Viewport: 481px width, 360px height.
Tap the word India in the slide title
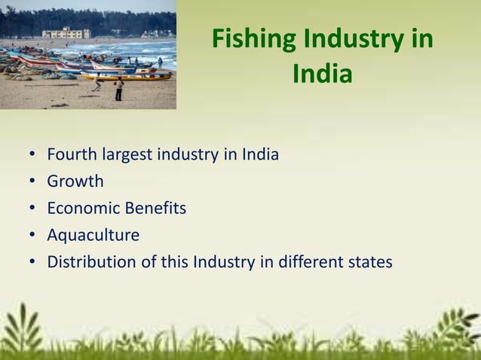(322, 75)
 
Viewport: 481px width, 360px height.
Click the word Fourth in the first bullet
(69, 155)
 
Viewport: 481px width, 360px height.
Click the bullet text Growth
(75, 182)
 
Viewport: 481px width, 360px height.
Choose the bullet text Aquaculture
(93, 236)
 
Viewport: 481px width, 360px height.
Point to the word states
(368, 263)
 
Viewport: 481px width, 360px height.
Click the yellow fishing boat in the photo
(128, 75)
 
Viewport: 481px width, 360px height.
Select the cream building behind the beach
(66, 33)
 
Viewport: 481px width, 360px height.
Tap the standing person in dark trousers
(119, 89)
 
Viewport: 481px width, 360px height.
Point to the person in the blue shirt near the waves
(160, 63)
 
